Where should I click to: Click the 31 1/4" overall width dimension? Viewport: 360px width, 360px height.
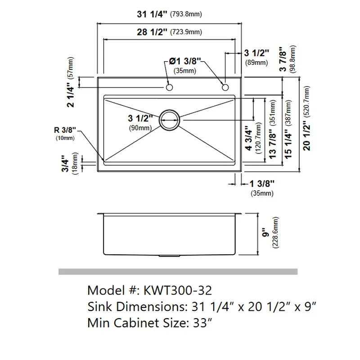(x=152, y=14)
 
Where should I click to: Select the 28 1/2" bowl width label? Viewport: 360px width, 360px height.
(x=152, y=32)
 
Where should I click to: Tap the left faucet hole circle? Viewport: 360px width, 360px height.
(x=169, y=87)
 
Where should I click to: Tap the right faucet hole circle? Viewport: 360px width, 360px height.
(x=225, y=87)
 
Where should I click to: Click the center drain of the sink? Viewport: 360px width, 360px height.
(x=170, y=120)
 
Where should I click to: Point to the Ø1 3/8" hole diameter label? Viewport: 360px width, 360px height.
(x=185, y=61)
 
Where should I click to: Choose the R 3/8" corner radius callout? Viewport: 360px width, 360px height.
(x=65, y=130)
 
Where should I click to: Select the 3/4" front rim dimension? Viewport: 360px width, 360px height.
(x=65, y=163)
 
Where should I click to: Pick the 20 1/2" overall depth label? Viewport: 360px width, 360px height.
(x=306, y=136)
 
